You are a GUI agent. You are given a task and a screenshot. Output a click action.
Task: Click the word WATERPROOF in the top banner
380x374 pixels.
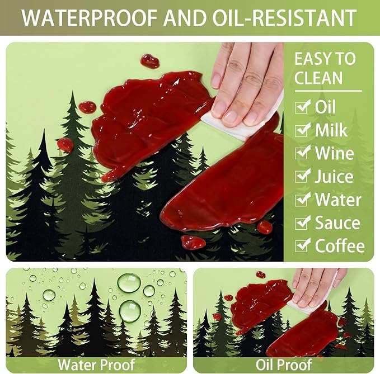tap(90, 18)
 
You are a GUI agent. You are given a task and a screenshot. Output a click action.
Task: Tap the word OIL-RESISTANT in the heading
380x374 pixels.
tap(284, 18)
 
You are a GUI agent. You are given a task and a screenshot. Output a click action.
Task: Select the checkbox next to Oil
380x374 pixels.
tap(303, 107)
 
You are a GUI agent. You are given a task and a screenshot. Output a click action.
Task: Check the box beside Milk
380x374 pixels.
tap(303, 130)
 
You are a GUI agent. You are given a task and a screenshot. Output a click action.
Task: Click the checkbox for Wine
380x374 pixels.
tap(303, 153)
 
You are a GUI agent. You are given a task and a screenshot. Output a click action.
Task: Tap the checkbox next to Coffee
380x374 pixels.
tap(303, 245)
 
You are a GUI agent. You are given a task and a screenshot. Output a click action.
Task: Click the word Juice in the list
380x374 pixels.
tap(334, 176)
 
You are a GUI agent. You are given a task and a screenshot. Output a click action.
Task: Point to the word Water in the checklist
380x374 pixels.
tap(338, 200)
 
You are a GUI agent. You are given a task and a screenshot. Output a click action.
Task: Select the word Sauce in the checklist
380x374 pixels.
tap(337, 222)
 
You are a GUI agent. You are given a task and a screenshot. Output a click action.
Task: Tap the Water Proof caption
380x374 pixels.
tap(96, 364)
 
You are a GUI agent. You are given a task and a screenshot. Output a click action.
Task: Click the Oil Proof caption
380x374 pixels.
tap(284, 364)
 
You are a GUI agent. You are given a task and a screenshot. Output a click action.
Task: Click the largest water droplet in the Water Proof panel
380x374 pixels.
tap(129, 283)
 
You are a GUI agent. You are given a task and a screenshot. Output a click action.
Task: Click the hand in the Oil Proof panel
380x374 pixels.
tap(315, 287)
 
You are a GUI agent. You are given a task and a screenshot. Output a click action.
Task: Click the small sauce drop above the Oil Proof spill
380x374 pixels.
tap(261, 274)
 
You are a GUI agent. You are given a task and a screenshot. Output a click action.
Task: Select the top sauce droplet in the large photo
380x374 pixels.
tap(150, 61)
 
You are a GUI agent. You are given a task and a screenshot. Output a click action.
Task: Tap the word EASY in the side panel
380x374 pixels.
tap(310, 59)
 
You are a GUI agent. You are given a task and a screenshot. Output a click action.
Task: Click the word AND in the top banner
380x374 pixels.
tap(185, 18)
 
